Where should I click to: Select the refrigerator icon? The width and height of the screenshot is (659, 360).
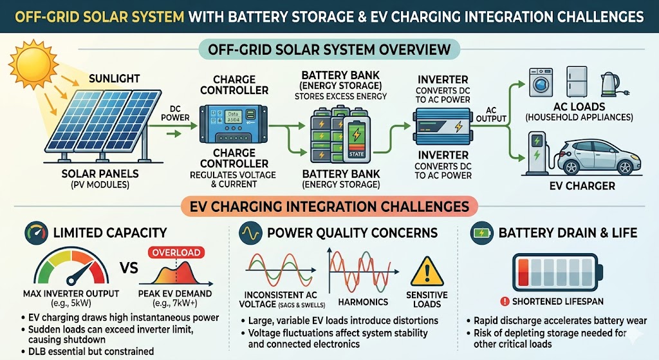tap(575, 81)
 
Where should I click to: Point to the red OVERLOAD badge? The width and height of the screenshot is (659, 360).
tap(175, 252)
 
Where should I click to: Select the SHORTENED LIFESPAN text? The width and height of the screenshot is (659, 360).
tap(563, 300)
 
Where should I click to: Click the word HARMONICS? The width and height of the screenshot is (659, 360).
tap(364, 301)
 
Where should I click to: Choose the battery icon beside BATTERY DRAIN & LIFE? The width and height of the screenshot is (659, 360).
tap(481, 232)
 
